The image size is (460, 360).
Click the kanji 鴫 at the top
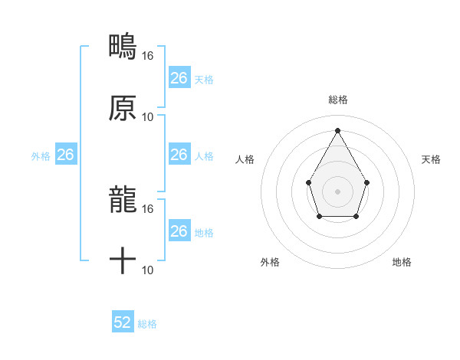[x=123, y=47]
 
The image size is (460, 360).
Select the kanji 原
[x=123, y=108]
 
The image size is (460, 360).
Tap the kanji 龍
[x=123, y=200]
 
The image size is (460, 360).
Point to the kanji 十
[x=123, y=261]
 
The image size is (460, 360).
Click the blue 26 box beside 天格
[x=179, y=78]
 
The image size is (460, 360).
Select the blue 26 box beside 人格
[x=179, y=155]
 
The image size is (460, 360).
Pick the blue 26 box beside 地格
[x=179, y=231]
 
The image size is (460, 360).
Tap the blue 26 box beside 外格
[x=66, y=155]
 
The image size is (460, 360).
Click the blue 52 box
[x=123, y=322]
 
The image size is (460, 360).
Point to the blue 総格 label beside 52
[x=147, y=324]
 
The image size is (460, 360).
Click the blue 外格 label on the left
[x=41, y=156]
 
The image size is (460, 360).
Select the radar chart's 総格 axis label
[x=337, y=100]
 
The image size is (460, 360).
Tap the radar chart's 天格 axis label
[x=431, y=159]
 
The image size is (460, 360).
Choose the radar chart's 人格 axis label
[x=245, y=159]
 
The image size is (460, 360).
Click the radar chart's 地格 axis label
[x=402, y=262]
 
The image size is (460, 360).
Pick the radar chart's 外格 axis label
[x=270, y=262]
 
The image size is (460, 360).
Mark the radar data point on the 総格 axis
[x=337, y=130]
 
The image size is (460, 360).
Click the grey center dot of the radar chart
[x=337, y=191]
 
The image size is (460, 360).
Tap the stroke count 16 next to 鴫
[x=148, y=55]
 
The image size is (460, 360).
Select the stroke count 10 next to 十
[x=148, y=270]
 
